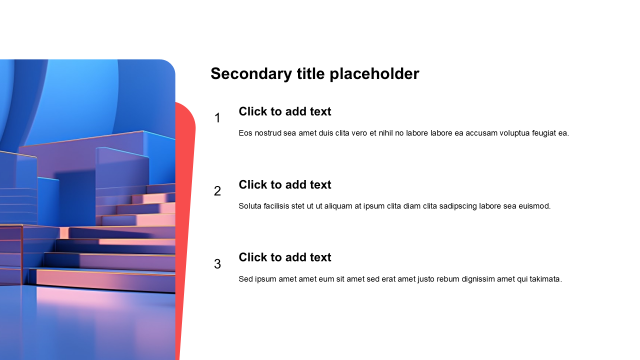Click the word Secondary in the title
click(x=251, y=74)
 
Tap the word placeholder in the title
click(x=374, y=74)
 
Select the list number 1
click(x=217, y=118)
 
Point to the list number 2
click(x=217, y=191)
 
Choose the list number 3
click(x=217, y=264)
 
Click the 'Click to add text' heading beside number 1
click(x=285, y=111)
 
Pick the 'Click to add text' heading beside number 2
click(x=285, y=184)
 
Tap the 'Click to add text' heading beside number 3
click(x=285, y=257)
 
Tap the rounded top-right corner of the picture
click(x=171, y=64)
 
